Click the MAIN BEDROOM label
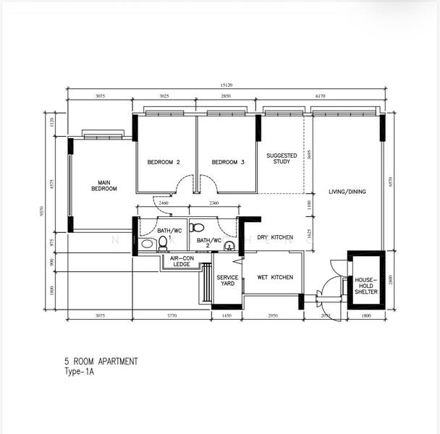coord(103,185)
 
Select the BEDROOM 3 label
coord(228,163)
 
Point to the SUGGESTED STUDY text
coord(282,158)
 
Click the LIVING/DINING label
coord(347,192)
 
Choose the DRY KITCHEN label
coord(275,237)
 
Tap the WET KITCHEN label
coord(275,277)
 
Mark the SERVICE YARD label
coord(229,280)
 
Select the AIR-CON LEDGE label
coord(180,260)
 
